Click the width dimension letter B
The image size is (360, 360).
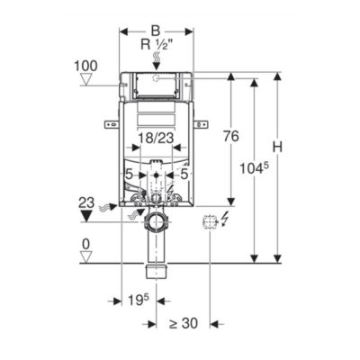tap(156, 31)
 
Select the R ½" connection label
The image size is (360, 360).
tap(157, 45)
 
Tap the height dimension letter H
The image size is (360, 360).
tap(277, 147)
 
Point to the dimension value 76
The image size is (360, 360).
tap(231, 136)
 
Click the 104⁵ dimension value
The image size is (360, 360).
tap(254, 169)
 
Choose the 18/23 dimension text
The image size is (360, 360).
tap(156, 138)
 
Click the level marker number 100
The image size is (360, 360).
tap(85, 66)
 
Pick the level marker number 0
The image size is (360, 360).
tap(85, 245)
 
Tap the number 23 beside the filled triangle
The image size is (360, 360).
tap(86, 203)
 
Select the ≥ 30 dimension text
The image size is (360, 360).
tap(184, 323)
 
